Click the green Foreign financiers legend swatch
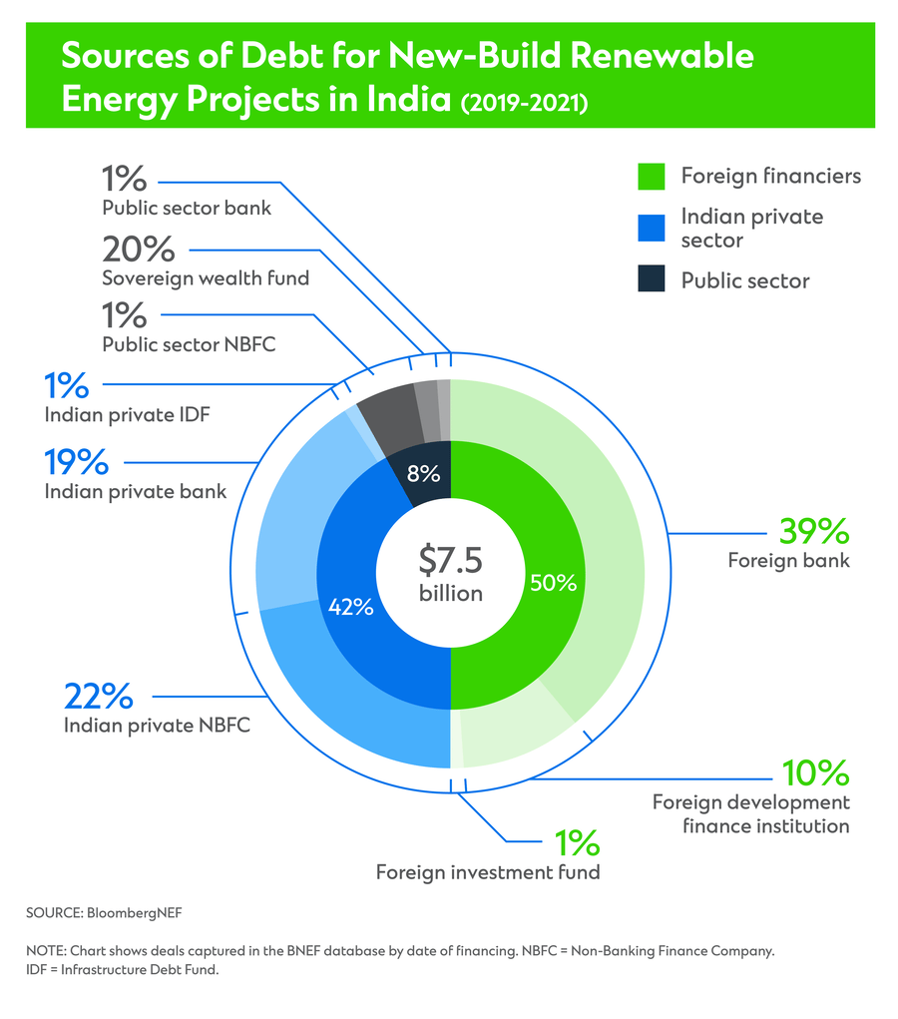pos(651,177)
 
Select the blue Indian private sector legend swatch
pos(651,229)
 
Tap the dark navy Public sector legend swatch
pos(651,280)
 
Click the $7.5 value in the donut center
pos(450,560)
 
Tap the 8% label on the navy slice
pos(423,474)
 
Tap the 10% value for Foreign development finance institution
pos(814,772)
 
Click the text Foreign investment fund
pos(488,872)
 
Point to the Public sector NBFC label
pos(189,344)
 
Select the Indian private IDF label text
pos(127,413)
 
